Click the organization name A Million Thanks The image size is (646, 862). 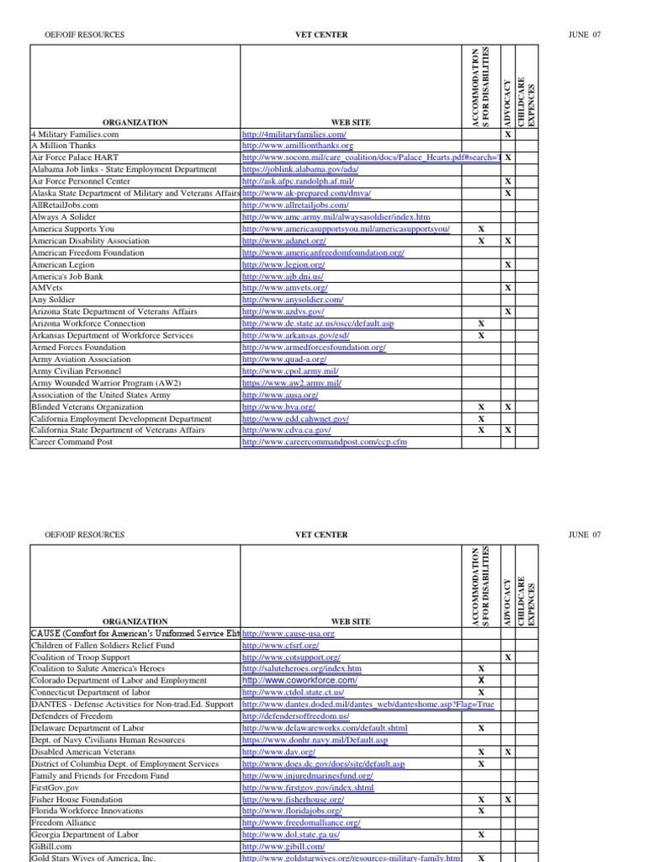pyautogui.click(x=63, y=146)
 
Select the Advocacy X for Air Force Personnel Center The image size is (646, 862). pyautogui.click(x=507, y=181)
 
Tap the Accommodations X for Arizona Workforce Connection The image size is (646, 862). pyautogui.click(x=481, y=323)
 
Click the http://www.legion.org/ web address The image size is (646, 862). pyautogui.click(x=283, y=264)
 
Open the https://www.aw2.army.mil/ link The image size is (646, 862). pyautogui.click(x=291, y=383)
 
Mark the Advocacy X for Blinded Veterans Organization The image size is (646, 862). pyautogui.click(x=507, y=407)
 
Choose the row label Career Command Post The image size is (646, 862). pyautogui.click(x=71, y=442)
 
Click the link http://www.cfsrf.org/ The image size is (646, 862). pyautogui.click(x=275, y=645)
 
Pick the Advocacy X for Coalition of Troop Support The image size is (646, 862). pyautogui.click(x=507, y=657)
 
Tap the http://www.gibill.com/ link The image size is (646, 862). pyautogui.click(x=283, y=847)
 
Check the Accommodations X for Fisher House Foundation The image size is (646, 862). pyautogui.click(x=481, y=800)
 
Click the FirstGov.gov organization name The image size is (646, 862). pyautogui.click(x=55, y=788)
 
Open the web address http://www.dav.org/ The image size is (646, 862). pyautogui.click(x=278, y=752)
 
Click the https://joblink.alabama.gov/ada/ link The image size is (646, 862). pyautogui.click(x=299, y=169)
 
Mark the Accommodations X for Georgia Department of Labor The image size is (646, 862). pyautogui.click(x=481, y=835)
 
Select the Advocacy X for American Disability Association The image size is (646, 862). pyautogui.click(x=507, y=241)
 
